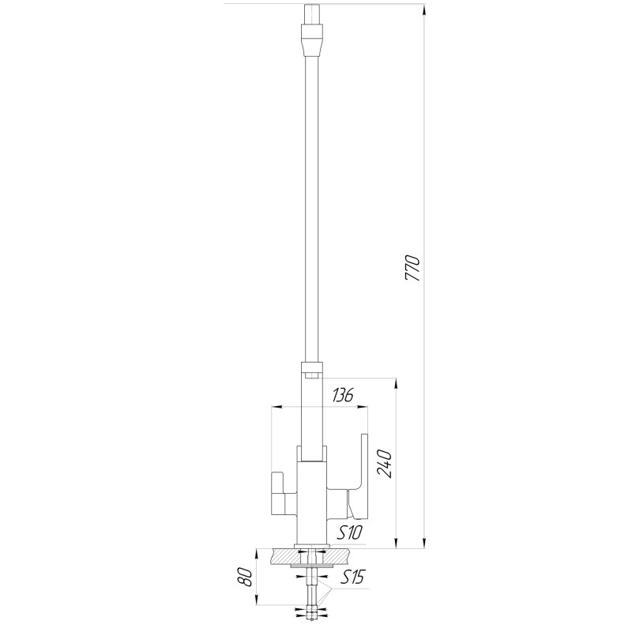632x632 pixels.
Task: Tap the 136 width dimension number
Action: tap(341, 394)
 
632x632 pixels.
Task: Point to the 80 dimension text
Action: tap(246, 577)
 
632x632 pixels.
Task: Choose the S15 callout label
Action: tap(353, 578)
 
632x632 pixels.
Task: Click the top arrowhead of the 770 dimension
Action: tap(427, 9)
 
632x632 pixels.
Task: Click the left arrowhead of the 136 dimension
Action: tap(276, 408)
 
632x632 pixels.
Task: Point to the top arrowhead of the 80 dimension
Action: tap(261, 553)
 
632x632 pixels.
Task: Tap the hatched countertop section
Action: tap(280, 557)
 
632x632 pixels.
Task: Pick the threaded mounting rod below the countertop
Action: tap(314, 592)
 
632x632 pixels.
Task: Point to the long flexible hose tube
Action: tap(311, 197)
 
